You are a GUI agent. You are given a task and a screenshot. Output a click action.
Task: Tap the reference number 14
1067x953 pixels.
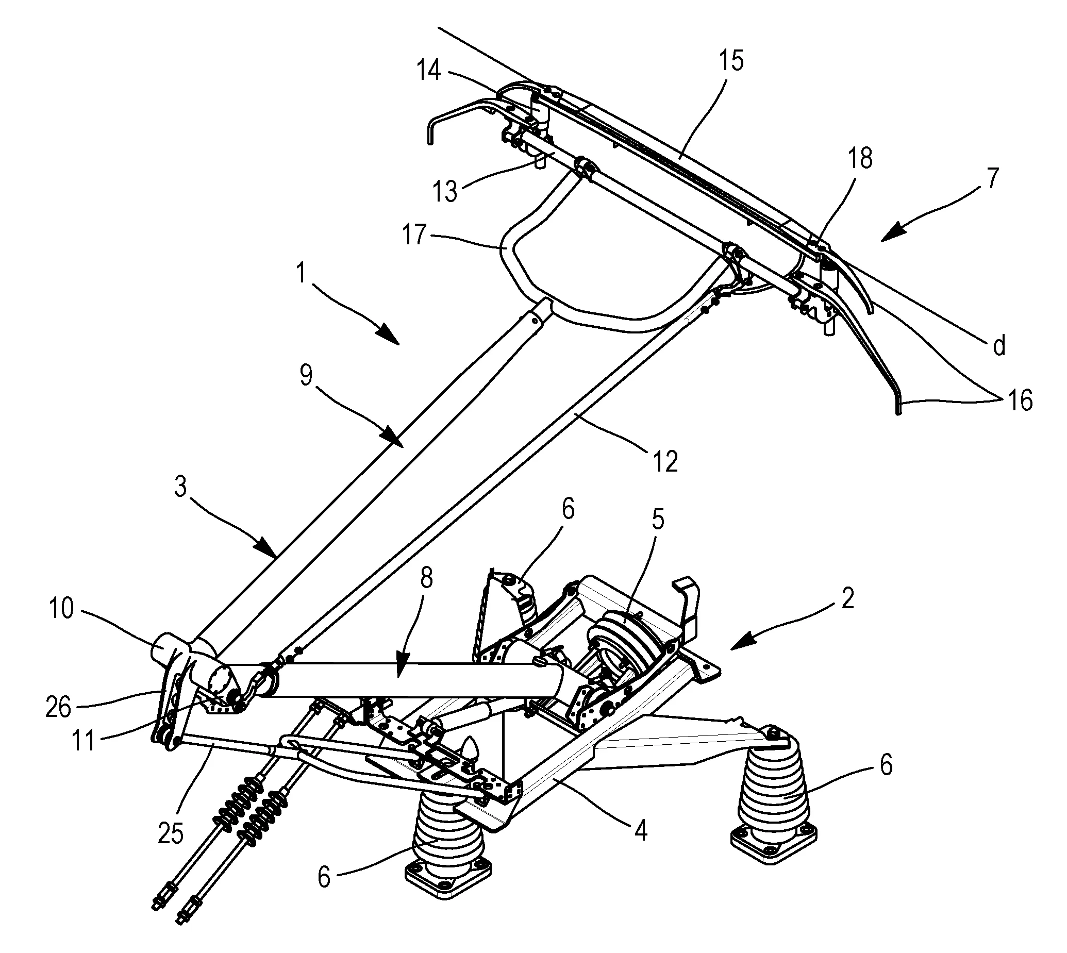tap(429, 71)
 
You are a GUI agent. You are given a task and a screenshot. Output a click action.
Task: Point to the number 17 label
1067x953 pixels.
tap(414, 235)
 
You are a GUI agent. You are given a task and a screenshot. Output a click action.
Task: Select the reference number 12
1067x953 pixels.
tap(665, 462)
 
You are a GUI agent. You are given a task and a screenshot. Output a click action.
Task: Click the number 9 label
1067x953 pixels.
tap(306, 375)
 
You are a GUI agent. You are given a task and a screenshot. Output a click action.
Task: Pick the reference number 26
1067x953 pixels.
tap(58, 708)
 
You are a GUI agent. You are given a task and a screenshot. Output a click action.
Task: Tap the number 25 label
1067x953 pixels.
tap(171, 832)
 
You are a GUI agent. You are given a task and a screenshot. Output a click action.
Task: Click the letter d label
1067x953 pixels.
tap(999, 346)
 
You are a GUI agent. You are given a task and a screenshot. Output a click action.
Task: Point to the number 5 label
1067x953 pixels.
tap(657, 520)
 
